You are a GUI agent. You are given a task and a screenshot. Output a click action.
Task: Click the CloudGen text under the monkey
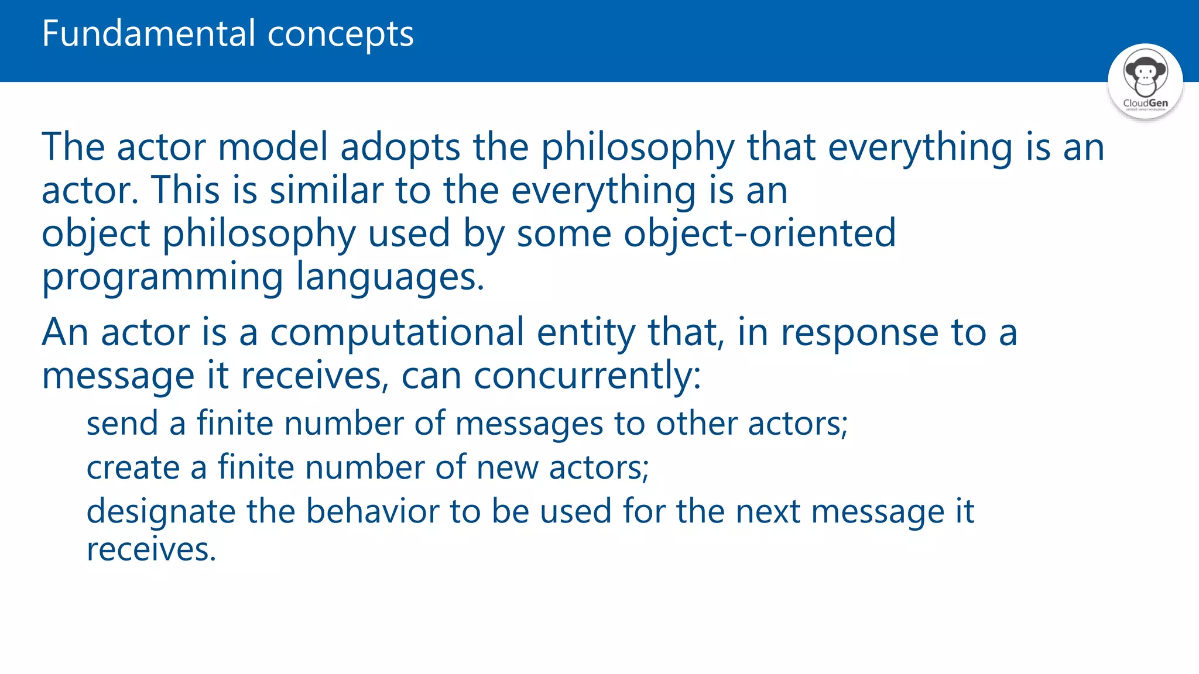[x=1145, y=103]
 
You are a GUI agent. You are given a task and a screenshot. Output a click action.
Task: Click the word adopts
[x=400, y=148]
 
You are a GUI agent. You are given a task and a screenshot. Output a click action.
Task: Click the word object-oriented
[x=759, y=233]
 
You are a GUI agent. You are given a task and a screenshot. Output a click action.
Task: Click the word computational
[x=396, y=333]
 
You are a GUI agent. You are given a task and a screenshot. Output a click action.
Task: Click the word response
[x=859, y=333]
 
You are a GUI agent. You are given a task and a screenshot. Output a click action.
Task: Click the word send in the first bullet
[x=122, y=424]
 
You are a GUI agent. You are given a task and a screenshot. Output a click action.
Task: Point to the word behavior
[x=372, y=511]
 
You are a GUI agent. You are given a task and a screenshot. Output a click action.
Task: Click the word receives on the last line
[x=151, y=550]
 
